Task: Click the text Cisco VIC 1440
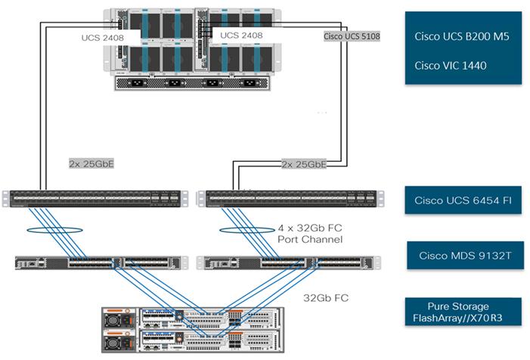(x=451, y=65)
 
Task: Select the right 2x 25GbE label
(x=302, y=163)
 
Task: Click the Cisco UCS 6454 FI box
(x=463, y=200)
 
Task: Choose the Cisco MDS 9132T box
(x=463, y=256)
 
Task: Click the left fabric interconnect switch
(x=94, y=198)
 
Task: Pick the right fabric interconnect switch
(x=288, y=198)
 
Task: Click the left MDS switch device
(x=101, y=262)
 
